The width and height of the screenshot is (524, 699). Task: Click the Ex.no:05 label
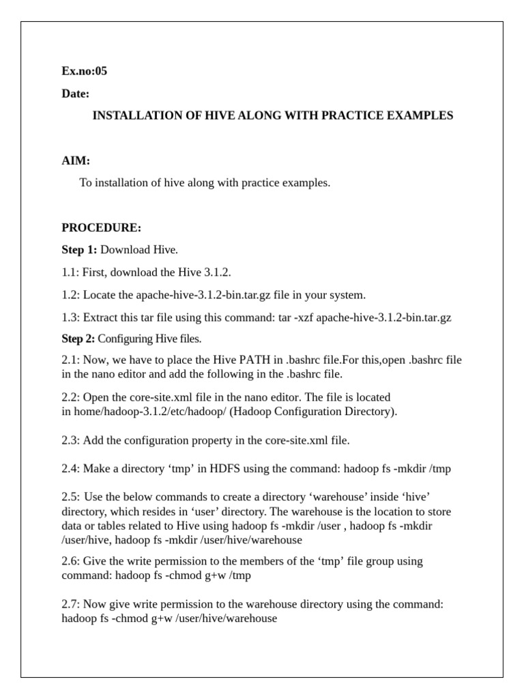84,71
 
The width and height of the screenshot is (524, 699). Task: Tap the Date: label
75,94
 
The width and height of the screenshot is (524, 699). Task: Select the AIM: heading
76,161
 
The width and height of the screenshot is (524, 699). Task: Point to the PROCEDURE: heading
101,227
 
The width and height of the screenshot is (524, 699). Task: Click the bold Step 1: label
79,250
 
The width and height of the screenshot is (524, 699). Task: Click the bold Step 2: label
78,339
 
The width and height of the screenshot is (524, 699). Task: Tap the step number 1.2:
70,295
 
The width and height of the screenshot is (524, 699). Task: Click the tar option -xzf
302,317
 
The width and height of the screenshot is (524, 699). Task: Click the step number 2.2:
70,397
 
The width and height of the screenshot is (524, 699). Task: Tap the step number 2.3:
70,441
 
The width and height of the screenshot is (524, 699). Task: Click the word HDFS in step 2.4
225,469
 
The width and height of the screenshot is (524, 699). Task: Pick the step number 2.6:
70,561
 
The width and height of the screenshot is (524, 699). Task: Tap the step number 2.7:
70,605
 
